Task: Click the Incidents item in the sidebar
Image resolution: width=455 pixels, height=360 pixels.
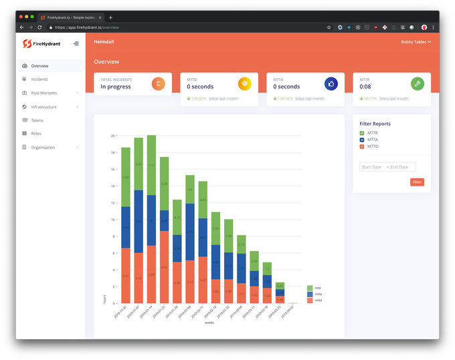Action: coord(39,80)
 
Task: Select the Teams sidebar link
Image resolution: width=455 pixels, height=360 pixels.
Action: coord(37,120)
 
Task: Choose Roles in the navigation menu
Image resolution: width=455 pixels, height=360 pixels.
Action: coord(36,134)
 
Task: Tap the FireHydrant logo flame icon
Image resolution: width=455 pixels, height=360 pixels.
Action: coord(27,43)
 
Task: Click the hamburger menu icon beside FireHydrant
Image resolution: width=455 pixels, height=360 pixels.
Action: coord(76,43)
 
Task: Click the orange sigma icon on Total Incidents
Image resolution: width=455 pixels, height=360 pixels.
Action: coord(159,84)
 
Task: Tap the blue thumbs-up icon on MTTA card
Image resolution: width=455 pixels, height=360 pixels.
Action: coord(331,84)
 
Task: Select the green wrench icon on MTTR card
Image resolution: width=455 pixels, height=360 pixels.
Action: coord(418,84)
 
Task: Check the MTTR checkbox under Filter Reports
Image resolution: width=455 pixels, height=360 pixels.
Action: coord(362,133)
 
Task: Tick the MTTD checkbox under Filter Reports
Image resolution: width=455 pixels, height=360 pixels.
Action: coord(362,147)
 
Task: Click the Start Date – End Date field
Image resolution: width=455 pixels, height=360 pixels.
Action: coord(388,167)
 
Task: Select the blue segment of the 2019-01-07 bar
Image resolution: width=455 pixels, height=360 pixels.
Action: coord(139,221)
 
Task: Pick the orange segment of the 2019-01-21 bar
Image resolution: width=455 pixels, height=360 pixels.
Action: coord(164,267)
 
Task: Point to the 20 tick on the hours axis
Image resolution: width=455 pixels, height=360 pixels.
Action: coord(112,136)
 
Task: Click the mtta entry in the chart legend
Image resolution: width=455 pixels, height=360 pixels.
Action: coord(310,294)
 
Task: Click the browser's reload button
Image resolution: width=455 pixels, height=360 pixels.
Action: coord(39,27)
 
